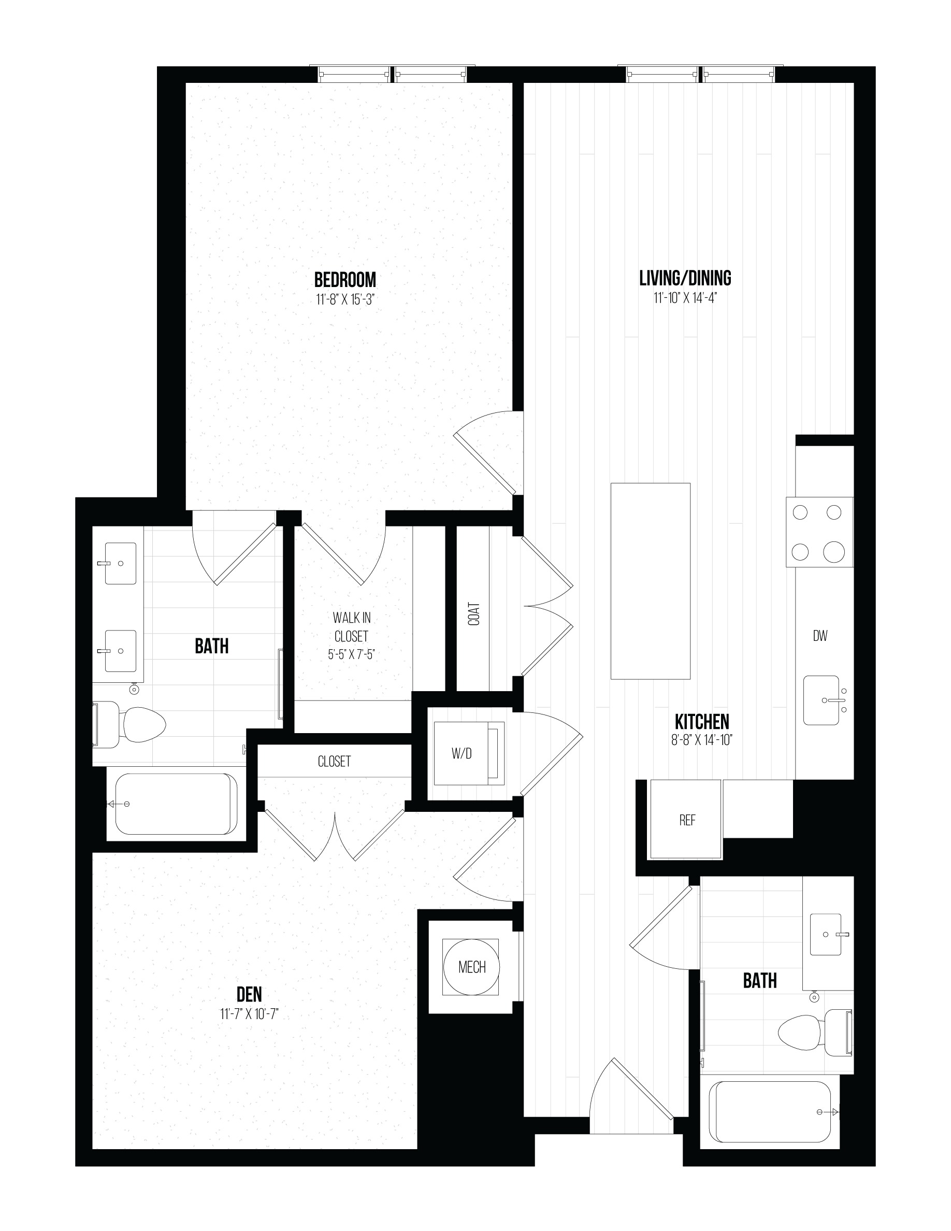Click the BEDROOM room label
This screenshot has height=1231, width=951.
[x=345, y=280]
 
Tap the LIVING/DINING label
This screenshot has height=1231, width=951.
[x=685, y=278]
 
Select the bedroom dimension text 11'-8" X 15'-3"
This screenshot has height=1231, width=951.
[x=345, y=299]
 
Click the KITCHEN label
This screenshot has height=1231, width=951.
[x=702, y=722]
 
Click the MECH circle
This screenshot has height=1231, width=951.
[x=471, y=967]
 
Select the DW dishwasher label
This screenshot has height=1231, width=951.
[x=820, y=636]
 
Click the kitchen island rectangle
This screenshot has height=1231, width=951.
[x=651, y=581]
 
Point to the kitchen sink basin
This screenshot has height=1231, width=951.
[x=822, y=700]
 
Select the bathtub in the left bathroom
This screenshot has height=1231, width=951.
[x=176, y=803]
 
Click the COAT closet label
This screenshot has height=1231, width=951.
[x=474, y=614]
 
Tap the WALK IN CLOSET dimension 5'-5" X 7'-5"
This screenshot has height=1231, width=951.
[x=352, y=654]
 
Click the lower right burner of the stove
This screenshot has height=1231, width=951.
[x=834, y=551]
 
